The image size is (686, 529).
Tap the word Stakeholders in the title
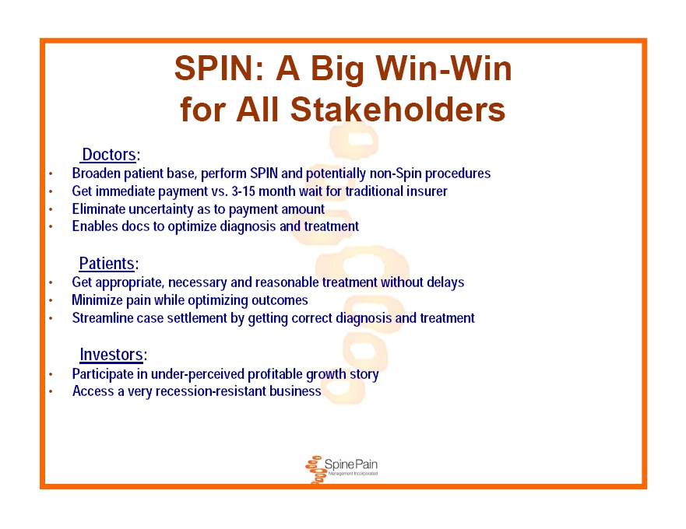click(398, 109)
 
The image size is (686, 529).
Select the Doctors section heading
click(109, 155)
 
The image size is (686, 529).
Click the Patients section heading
click(107, 264)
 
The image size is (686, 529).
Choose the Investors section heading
click(111, 355)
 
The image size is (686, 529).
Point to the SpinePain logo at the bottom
click(341, 470)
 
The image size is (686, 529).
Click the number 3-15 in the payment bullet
click(243, 191)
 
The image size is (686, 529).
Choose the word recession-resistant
click(210, 391)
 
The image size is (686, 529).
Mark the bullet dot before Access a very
click(51, 391)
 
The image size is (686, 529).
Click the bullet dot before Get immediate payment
click(51, 191)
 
